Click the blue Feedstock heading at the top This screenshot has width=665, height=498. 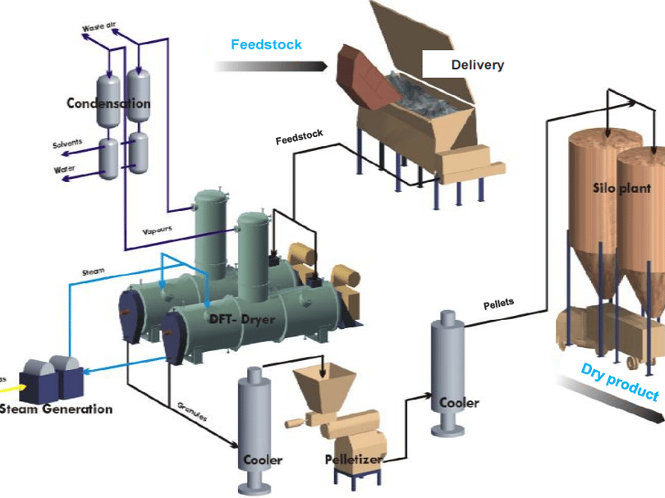pyautogui.click(x=266, y=45)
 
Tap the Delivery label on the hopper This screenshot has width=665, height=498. pyautogui.click(x=477, y=65)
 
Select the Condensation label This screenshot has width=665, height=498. pyautogui.click(x=108, y=104)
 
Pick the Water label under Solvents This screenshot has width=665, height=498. pyautogui.click(x=64, y=170)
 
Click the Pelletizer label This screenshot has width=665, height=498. pyautogui.click(x=351, y=459)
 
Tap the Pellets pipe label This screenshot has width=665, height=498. pyautogui.click(x=498, y=304)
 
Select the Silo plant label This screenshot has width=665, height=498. pyautogui.click(x=621, y=188)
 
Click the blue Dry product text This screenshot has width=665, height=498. pyautogui.click(x=620, y=382)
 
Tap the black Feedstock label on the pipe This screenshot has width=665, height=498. pyautogui.click(x=299, y=138)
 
